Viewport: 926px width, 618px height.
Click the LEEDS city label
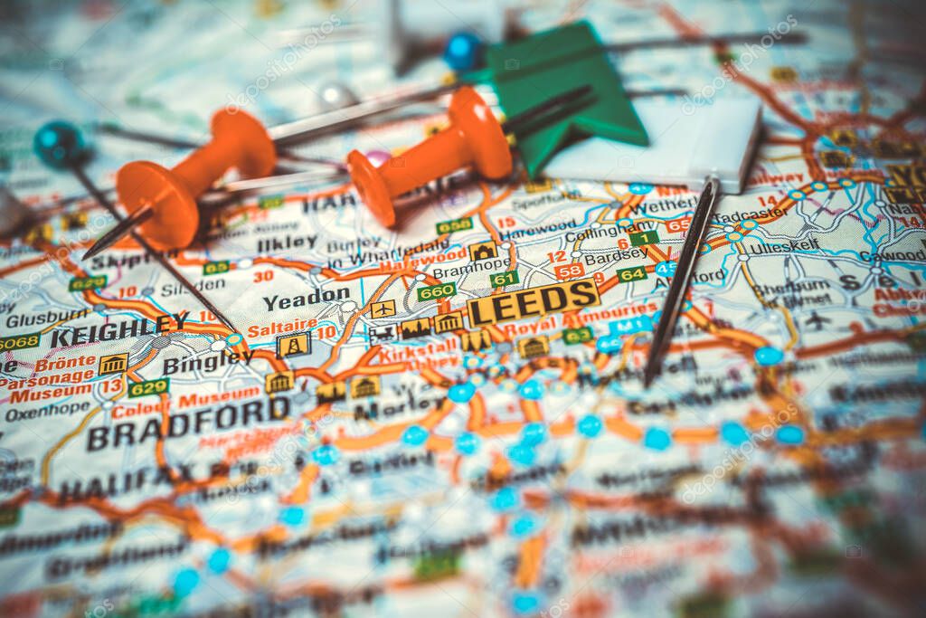[534, 302]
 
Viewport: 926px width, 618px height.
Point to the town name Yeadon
[306, 299]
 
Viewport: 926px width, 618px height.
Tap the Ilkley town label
[286, 242]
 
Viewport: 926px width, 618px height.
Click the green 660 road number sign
[436, 291]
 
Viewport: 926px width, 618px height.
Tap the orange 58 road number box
[569, 271]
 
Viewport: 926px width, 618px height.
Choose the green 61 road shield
[505, 279]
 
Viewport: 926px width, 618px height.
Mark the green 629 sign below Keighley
[148, 387]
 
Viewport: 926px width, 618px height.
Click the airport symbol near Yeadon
[383, 309]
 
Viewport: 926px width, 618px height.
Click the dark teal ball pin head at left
[59, 144]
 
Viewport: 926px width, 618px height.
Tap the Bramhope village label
[459, 271]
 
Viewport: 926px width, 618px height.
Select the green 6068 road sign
[18, 342]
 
